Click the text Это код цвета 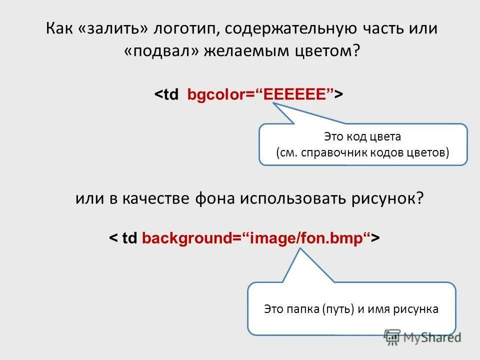(x=363, y=136)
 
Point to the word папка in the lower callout (x=302, y=309)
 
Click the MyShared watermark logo (x=422, y=338)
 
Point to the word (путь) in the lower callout (x=340, y=309)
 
